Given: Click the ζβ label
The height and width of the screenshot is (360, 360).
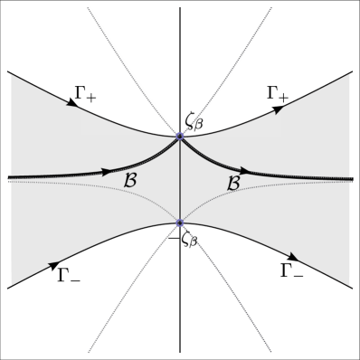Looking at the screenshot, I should point(198,119).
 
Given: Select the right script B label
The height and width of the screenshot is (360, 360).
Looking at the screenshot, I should point(232,182).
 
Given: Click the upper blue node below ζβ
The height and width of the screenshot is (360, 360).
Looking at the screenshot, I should point(180,137).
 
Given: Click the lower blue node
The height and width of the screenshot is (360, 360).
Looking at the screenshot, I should point(180,223).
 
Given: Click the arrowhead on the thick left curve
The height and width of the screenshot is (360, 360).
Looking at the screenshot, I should point(107,171).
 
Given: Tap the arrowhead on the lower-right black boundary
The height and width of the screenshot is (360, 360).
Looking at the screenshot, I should point(295,258).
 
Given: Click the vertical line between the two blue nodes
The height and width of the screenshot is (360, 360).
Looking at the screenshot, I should point(180,181).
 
